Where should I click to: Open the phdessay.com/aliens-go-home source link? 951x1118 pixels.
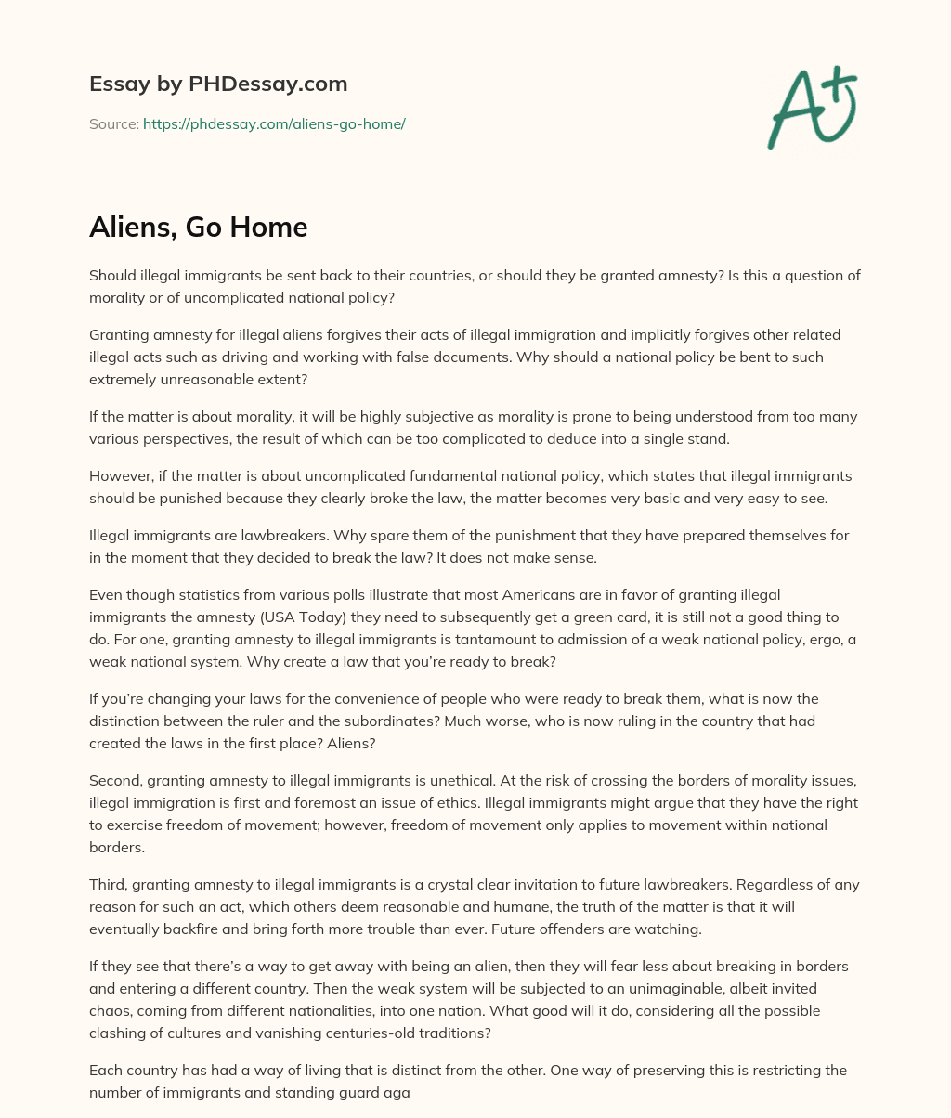coord(274,123)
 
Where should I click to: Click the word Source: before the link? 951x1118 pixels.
coord(113,123)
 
